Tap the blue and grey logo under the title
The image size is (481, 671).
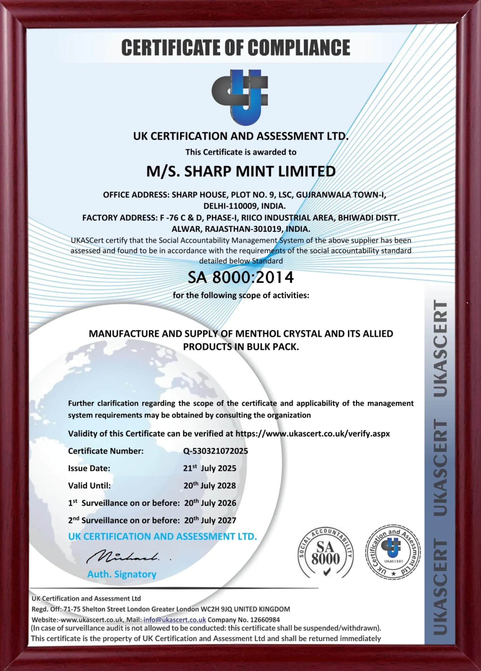tap(240, 98)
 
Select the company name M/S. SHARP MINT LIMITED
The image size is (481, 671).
tap(241, 172)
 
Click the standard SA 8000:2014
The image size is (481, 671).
tap(241, 278)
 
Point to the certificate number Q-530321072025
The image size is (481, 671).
tap(216, 451)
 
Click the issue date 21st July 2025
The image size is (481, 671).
tap(210, 468)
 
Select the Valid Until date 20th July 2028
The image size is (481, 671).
tap(210, 485)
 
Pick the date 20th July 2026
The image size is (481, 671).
tap(210, 503)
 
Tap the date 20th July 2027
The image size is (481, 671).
tap(210, 520)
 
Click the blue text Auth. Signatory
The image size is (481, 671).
tap(122, 574)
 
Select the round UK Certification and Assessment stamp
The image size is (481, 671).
tap(393, 553)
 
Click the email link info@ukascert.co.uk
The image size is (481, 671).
tap(175, 620)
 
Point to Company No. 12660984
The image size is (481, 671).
tap(244, 620)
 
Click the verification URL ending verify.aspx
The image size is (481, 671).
tap(313, 434)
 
